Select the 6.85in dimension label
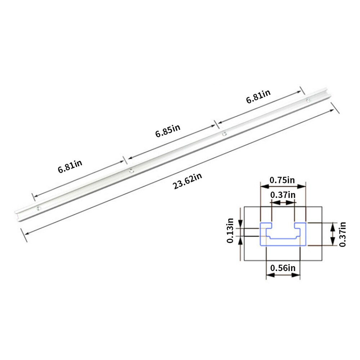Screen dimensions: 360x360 tap(168, 131)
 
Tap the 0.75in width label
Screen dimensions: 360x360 tap(283, 180)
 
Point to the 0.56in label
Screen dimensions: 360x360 tap(283, 268)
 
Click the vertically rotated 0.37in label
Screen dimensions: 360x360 tap(342, 234)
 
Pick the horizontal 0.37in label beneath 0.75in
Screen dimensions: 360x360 tap(283, 195)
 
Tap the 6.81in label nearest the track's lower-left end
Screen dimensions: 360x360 tap(70, 167)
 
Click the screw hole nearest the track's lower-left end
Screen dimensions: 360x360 tap(39, 208)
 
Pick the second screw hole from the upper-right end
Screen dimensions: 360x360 tap(224, 134)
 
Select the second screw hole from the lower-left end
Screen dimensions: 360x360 tap(131, 171)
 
